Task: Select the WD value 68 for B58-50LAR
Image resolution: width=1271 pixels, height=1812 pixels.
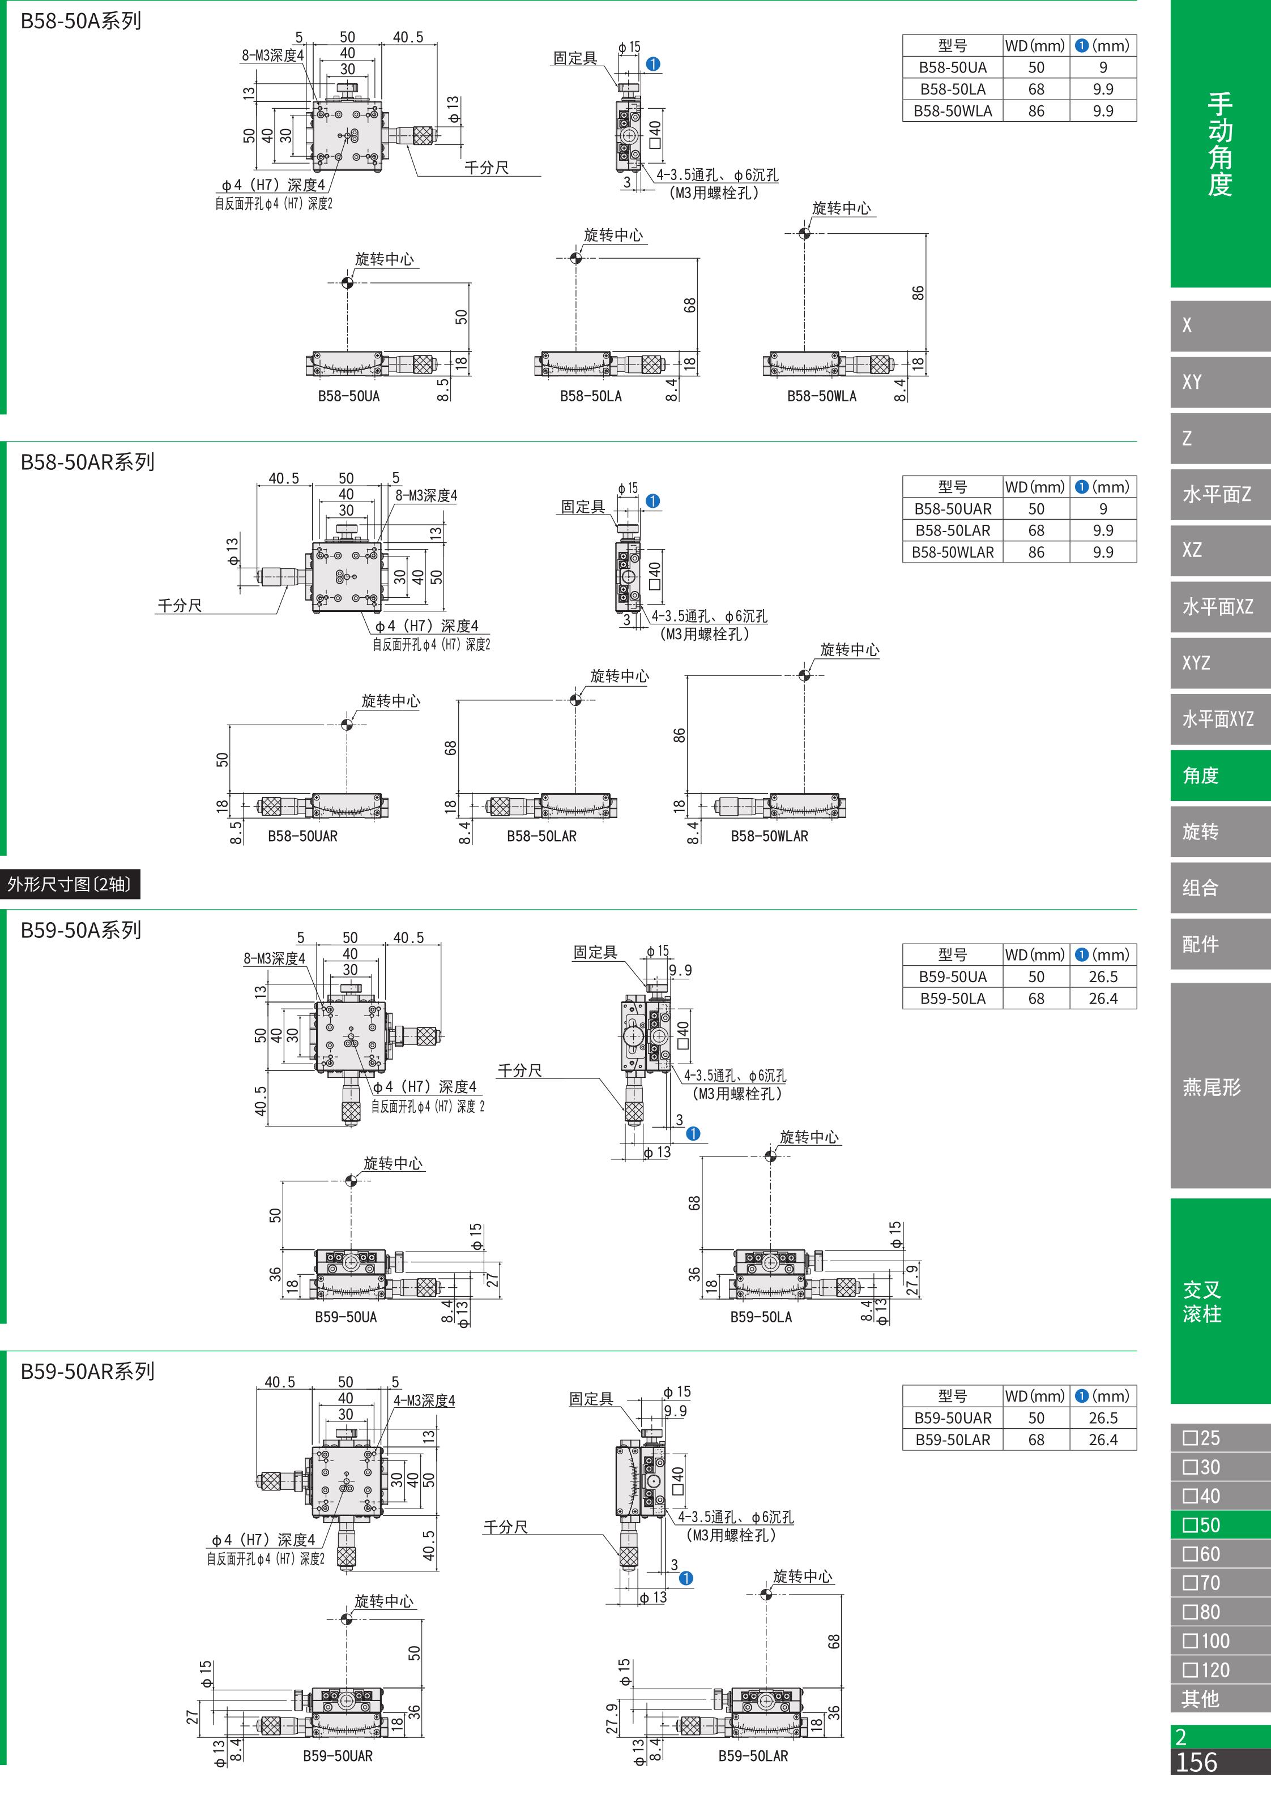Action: (1036, 530)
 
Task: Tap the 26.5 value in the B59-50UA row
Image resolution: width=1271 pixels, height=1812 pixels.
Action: (1103, 976)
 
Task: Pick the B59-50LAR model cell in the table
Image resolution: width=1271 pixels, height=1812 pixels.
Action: (952, 1440)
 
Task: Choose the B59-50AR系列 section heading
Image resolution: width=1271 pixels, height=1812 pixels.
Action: (88, 1371)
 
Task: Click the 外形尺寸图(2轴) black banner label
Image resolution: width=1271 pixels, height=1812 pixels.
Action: (70, 884)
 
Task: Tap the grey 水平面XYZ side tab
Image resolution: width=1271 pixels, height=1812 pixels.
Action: (1219, 719)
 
